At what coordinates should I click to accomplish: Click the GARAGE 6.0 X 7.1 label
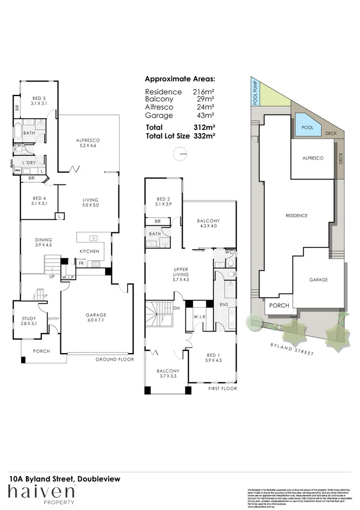[96, 318]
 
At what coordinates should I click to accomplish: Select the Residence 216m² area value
[204, 92]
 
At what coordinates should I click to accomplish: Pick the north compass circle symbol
[179, 154]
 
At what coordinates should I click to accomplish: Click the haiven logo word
[40, 492]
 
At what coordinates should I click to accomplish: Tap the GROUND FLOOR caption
[114, 359]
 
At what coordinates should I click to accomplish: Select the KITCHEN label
[89, 252]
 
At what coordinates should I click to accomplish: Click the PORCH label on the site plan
[279, 305]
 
